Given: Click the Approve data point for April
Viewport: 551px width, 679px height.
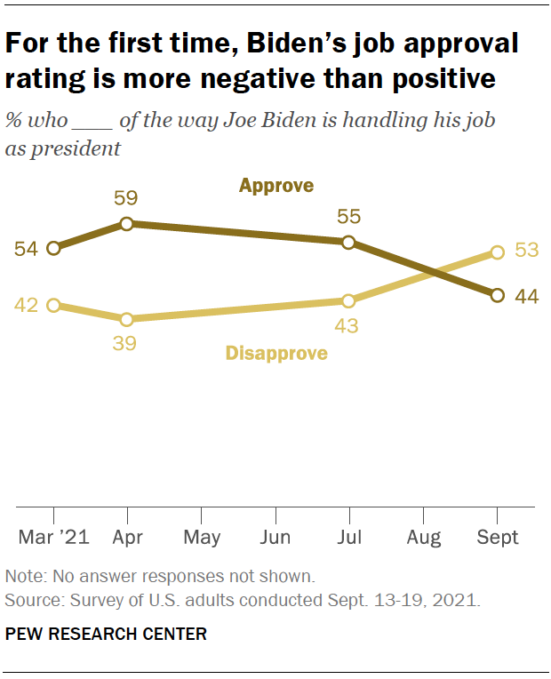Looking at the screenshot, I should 127,224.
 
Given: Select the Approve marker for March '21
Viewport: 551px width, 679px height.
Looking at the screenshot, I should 53,248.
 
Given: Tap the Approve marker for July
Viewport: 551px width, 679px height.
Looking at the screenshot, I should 348,242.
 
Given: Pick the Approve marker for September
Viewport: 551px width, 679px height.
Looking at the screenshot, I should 497,295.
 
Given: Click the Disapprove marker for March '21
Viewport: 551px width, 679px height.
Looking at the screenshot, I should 53,305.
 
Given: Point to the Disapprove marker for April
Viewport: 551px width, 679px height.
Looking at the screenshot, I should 127,319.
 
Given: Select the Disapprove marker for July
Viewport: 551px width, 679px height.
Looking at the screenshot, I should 348,300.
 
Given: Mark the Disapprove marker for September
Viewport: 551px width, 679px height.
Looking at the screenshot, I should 497,252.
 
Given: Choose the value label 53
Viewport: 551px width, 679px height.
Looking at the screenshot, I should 527,251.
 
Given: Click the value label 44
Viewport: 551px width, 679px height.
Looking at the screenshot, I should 527,296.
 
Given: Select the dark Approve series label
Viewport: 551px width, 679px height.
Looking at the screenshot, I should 276,186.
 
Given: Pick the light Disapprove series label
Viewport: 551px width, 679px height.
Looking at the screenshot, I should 276,354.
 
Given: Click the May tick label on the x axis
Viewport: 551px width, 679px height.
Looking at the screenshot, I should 202,537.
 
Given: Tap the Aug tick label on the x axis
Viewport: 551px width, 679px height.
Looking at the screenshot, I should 423,537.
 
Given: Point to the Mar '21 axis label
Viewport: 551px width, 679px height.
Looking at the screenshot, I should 53,537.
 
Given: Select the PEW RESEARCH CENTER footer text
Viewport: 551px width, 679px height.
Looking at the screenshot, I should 106,634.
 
